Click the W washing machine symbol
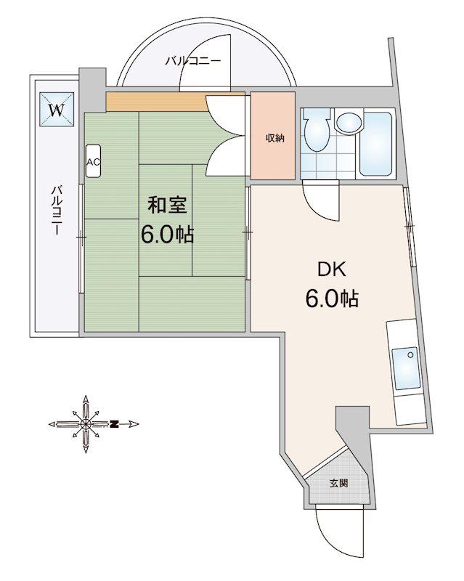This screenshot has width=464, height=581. (x=57, y=110)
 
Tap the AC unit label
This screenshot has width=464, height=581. (x=93, y=161)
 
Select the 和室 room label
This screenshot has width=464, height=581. (x=167, y=205)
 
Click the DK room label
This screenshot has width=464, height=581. (x=332, y=269)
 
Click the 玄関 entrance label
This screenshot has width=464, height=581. (x=338, y=483)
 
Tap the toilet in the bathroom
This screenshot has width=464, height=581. (x=317, y=130)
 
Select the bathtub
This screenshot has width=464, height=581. (x=376, y=144)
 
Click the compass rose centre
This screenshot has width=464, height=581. (x=86, y=424)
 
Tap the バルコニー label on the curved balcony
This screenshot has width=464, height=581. (x=193, y=60)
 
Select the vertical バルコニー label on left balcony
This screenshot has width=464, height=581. (x=57, y=210)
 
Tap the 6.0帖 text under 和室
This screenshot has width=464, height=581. (x=167, y=234)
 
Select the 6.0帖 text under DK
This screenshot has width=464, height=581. (x=332, y=298)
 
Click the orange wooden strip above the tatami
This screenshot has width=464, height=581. (x=156, y=102)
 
